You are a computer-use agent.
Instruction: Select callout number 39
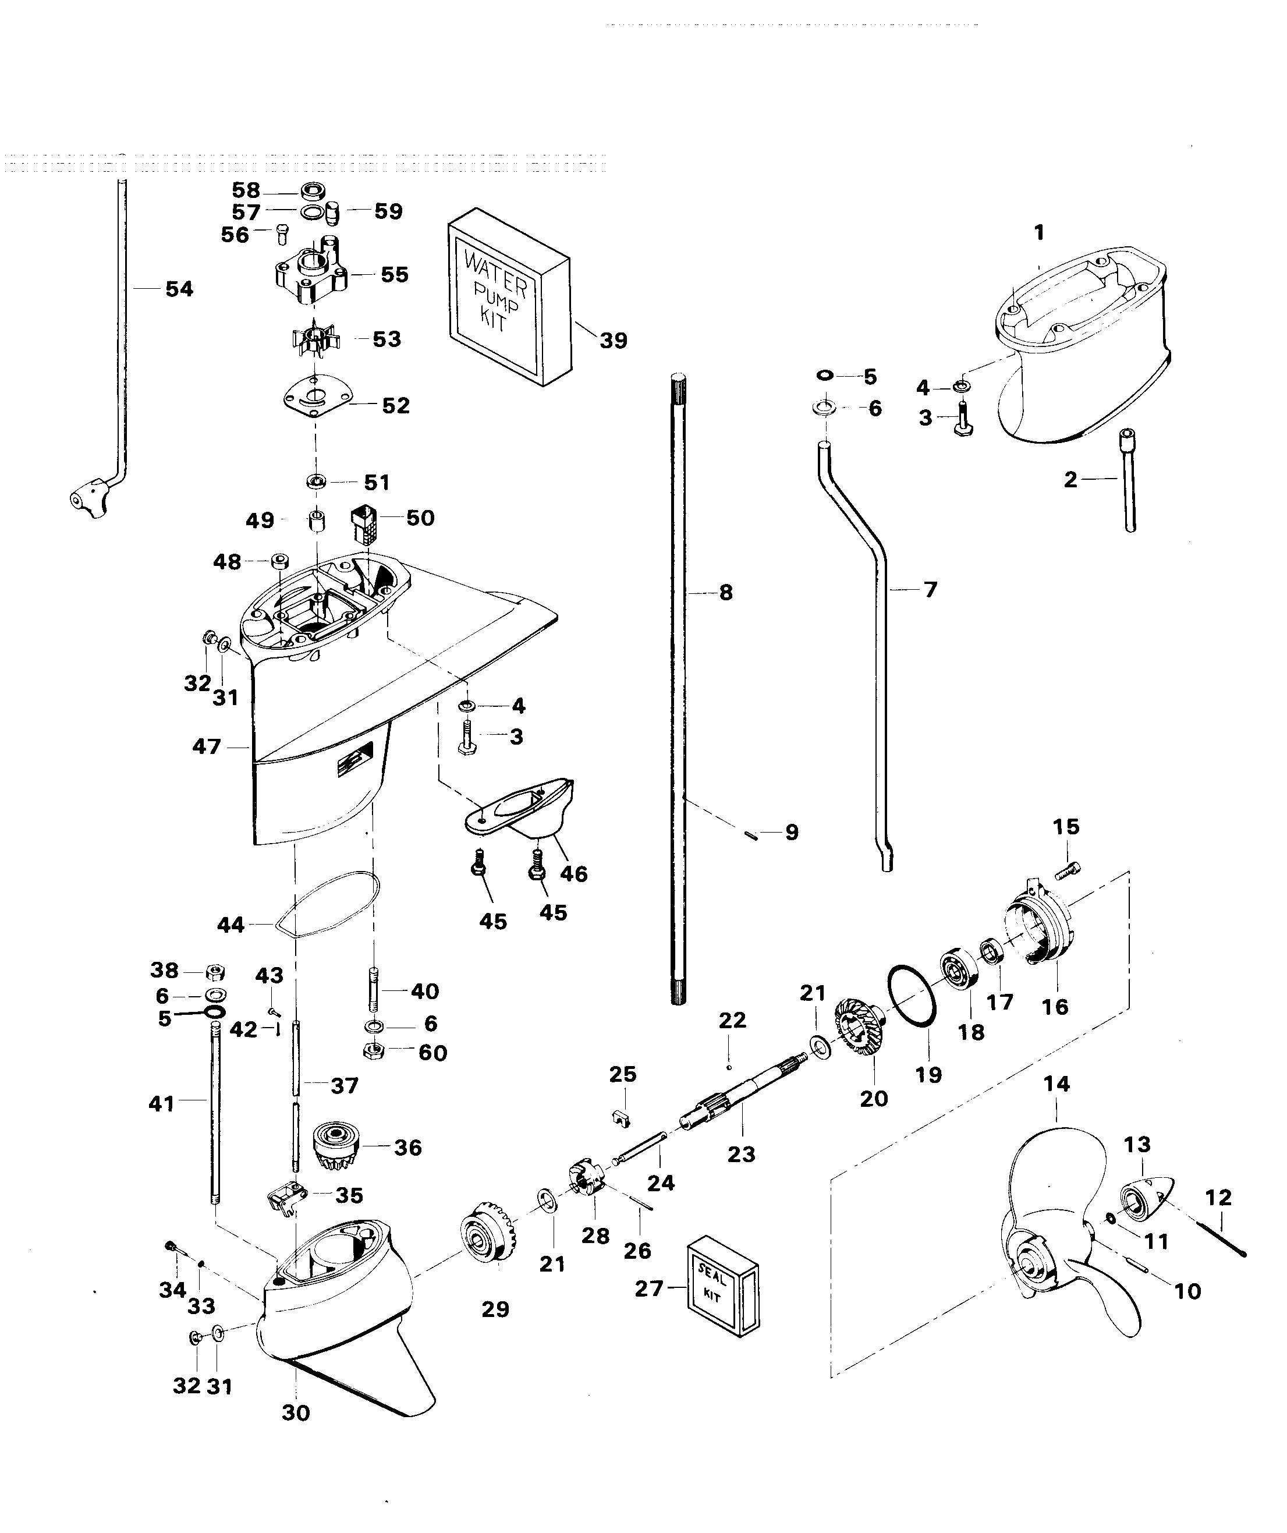pyautogui.click(x=613, y=340)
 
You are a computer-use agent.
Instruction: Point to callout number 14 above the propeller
pyautogui.click(x=1056, y=1084)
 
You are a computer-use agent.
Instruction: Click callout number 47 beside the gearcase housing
pyautogui.click(x=206, y=747)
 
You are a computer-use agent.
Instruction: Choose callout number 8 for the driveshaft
pyautogui.click(x=725, y=592)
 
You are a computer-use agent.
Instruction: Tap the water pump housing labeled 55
pyautogui.click(x=310, y=277)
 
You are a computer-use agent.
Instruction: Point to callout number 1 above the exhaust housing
pyautogui.click(x=1039, y=233)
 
